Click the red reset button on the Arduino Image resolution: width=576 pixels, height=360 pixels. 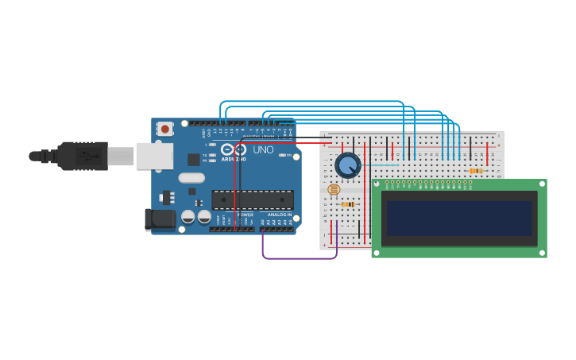[x=164, y=128]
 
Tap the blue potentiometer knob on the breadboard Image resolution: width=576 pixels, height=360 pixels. [x=347, y=165]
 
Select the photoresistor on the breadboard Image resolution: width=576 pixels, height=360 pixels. [x=334, y=189]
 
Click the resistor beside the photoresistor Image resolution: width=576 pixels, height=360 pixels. [x=347, y=204]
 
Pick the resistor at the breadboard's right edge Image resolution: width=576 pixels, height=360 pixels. [x=475, y=171]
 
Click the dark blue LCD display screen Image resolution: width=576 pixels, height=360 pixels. [x=459, y=219]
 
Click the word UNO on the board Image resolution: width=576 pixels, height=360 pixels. [x=263, y=149]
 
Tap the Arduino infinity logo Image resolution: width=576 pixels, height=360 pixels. [x=234, y=149]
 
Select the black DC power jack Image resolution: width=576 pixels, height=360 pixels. [x=160, y=219]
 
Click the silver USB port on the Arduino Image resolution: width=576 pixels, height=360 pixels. [x=154, y=156]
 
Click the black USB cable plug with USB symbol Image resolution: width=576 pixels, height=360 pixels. [x=83, y=157]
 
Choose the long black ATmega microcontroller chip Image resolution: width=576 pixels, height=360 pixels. [x=252, y=199]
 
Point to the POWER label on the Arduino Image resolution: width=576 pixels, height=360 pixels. [x=245, y=215]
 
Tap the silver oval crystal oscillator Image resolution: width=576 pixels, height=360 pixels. [x=191, y=178]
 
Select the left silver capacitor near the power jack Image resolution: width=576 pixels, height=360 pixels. [x=188, y=216]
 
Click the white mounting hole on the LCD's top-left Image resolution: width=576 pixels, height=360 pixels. [x=377, y=184]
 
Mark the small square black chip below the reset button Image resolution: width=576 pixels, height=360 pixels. [x=193, y=159]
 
